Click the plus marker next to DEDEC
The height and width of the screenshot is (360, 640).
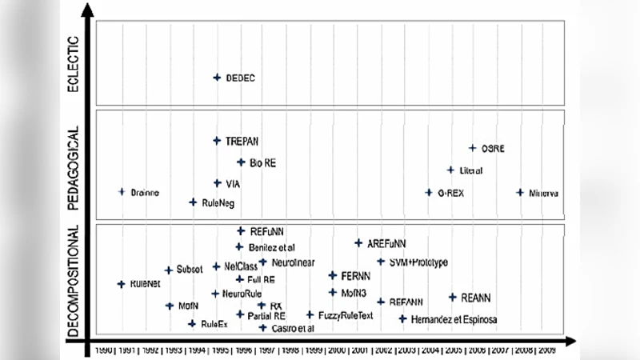(x=217, y=78)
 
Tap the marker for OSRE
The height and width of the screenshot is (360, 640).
(x=473, y=148)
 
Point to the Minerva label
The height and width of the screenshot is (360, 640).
(x=543, y=193)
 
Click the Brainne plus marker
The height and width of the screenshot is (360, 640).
(x=122, y=192)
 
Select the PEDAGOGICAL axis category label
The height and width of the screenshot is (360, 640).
(x=74, y=168)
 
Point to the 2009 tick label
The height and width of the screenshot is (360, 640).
(x=547, y=350)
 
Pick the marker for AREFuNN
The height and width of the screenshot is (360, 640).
(x=358, y=243)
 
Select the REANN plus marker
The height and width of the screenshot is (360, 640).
(x=453, y=298)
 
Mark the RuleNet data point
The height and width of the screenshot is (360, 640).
(x=122, y=284)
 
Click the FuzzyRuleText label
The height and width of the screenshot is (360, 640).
(x=346, y=315)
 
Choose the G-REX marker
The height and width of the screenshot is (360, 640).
(x=429, y=193)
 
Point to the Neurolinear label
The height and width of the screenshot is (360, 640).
(x=293, y=262)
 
